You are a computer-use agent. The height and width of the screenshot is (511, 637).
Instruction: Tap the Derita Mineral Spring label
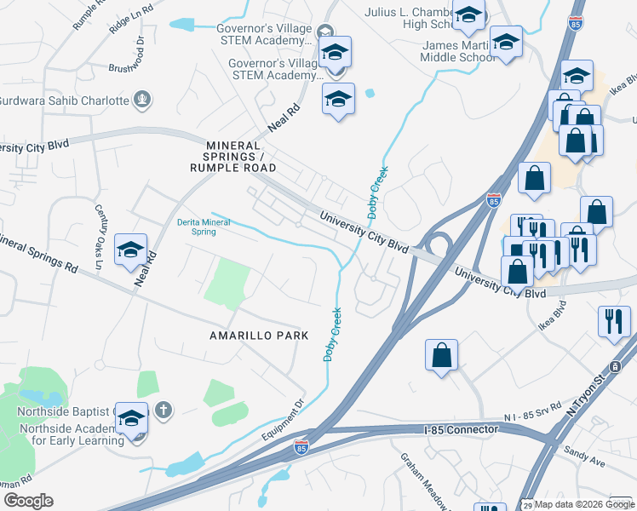click(x=196, y=226)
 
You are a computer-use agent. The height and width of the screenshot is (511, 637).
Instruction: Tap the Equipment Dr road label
click(x=289, y=416)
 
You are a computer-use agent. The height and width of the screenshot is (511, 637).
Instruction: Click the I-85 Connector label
click(x=460, y=429)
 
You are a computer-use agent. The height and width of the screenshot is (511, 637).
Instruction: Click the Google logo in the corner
click(x=27, y=500)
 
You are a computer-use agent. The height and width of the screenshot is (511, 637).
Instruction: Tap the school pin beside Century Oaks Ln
click(x=130, y=250)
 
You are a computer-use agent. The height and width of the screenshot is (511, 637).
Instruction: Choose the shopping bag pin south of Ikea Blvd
click(x=442, y=355)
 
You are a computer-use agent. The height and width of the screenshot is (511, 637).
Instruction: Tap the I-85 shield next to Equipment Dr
click(x=301, y=445)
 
